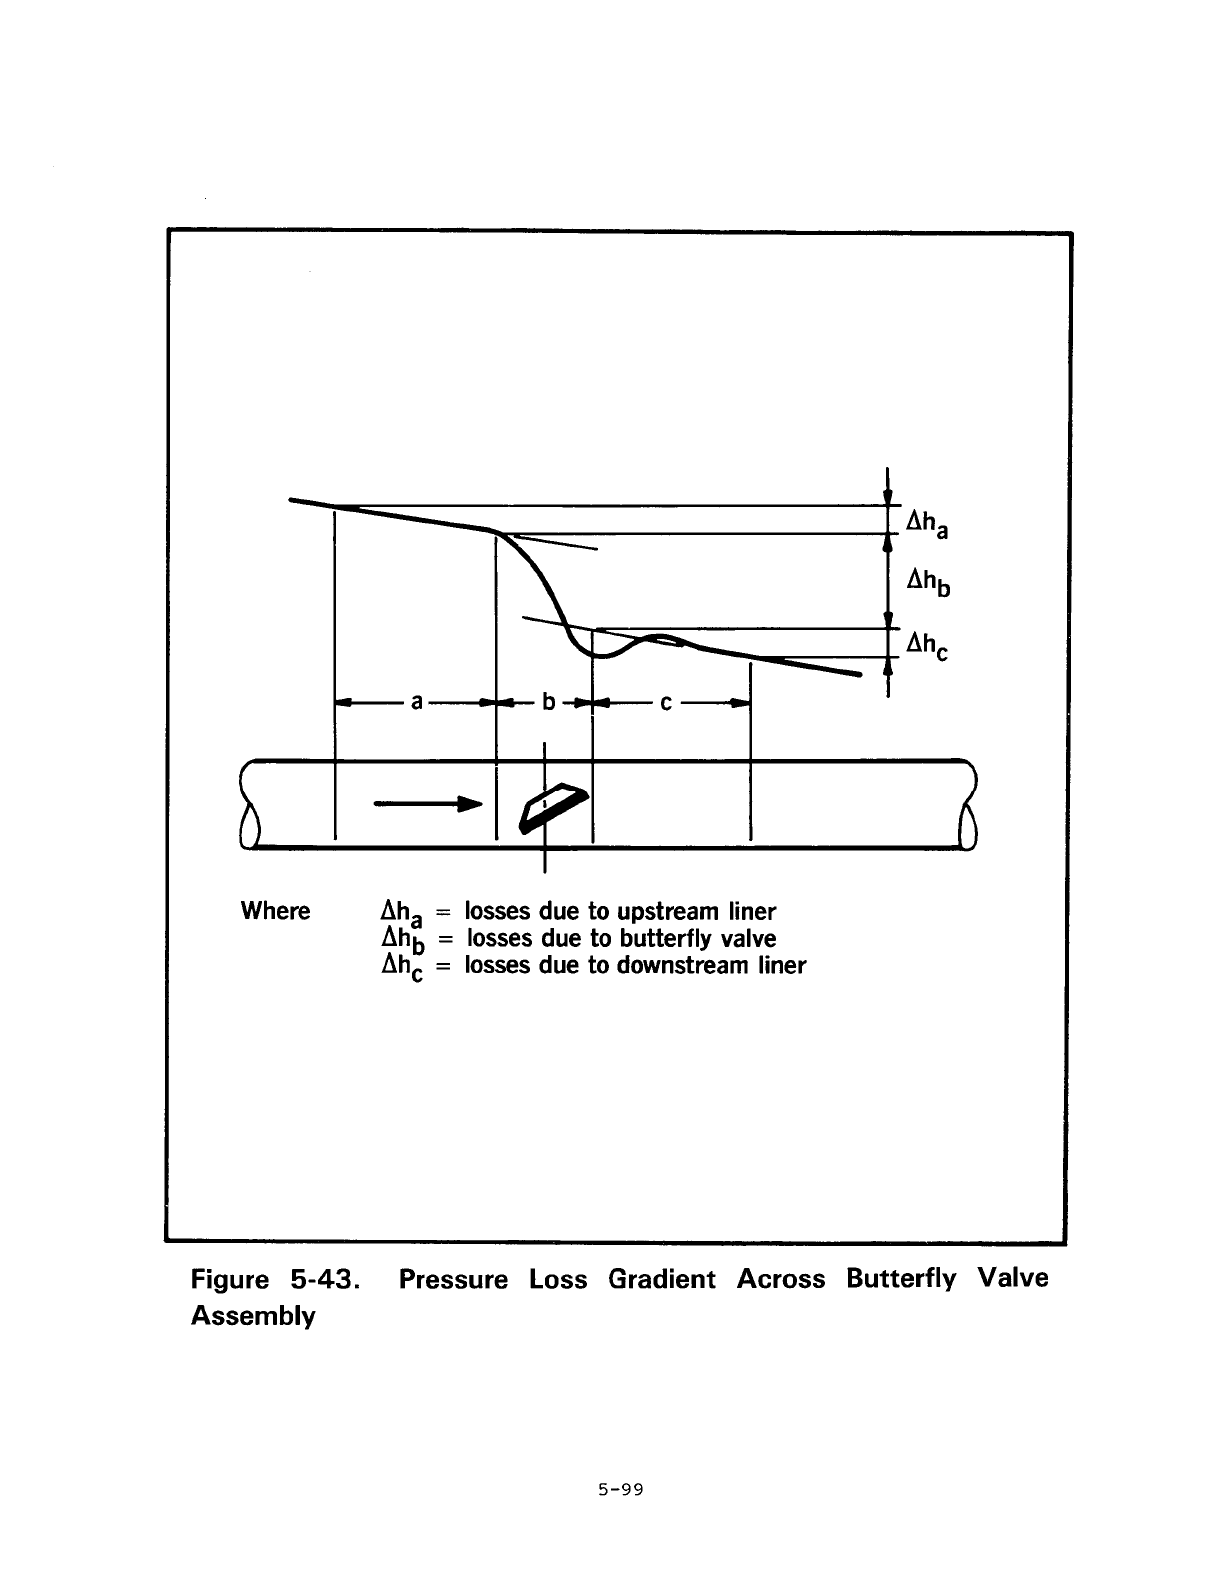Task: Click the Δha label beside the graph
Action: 927,524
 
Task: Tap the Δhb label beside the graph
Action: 928,582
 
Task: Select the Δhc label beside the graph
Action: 927,645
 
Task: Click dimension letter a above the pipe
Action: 416,702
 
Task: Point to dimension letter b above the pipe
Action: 549,702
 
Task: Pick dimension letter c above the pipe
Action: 665,703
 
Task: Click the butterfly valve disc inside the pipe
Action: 553,807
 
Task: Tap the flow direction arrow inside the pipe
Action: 428,803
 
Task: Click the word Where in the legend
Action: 275,911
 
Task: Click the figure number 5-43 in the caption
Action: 325,1280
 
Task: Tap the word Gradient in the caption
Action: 661,1280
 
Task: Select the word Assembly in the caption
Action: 253,1316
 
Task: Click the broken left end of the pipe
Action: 248,803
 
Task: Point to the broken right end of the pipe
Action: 969,803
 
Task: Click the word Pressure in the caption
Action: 453,1280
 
